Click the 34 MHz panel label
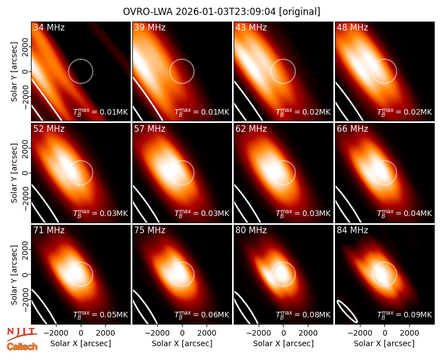(49, 27)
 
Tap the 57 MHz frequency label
(150, 129)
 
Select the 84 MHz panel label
(352, 230)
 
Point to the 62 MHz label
(251, 129)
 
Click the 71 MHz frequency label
(49, 230)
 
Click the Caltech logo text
(22, 347)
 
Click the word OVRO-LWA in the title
(148, 12)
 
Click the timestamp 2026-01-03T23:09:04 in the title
(226, 12)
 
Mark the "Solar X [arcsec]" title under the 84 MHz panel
(384, 343)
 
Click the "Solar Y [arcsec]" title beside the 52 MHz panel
(14, 173)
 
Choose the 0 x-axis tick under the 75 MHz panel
(182, 333)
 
